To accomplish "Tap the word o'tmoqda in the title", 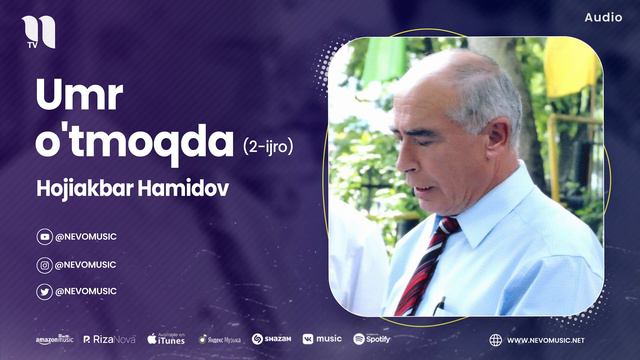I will pyautogui.click(x=134, y=142).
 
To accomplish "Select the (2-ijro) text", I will pyautogui.click(x=268, y=146).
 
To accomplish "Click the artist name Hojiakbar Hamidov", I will pyautogui.click(x=132, y=189).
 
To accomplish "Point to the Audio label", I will pyautogui.click(x=603, y=18).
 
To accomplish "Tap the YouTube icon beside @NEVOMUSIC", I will pyautogui.click(x=44, y=237).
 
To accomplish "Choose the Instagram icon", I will pyautogui.click(x=44, y=265).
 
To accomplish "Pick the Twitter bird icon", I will pyautogui.click(x=44, y=292).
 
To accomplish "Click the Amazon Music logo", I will pyautogui.click(x=54, y=340).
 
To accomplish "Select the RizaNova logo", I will pyautogui.click(x=109, y=340).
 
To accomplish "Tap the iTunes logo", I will pyautogui.click(x=166, y=340).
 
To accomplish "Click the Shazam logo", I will pyautogui.click(x=271, y=340).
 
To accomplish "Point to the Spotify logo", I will pyautogui.click(x=373, y=340).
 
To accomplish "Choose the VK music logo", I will pyautogui.click(x=322, y=340).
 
